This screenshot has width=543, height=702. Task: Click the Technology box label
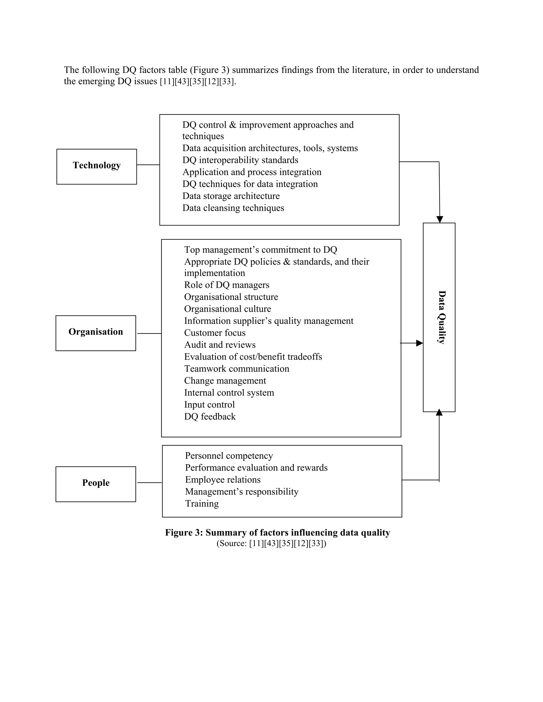click(97, 165)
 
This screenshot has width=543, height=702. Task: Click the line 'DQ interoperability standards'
click(240, 160)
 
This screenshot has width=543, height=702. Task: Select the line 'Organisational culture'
click(227, 309)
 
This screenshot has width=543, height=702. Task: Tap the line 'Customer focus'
click(214, 333)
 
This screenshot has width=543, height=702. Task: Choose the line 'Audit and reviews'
click(220, 345)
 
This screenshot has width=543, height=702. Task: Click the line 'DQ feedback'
click(210, 417)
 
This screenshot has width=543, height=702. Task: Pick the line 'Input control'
click(209, 405)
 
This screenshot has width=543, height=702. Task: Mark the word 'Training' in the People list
click(202, 503)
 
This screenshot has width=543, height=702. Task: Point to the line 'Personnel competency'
click(229, 456)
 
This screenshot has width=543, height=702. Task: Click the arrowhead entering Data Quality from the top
click(439, 220)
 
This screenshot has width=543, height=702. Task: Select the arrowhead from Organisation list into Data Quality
click(419, 343)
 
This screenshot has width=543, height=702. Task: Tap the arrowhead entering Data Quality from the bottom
click(439, 412)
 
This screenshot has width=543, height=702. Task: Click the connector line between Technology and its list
click(148, 165)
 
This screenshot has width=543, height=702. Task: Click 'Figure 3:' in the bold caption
click(184, 533)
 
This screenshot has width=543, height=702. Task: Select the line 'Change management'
click(225, 381)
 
